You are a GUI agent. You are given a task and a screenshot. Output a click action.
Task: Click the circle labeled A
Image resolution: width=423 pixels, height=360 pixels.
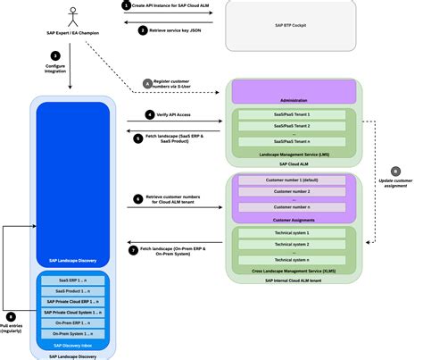[147, 84]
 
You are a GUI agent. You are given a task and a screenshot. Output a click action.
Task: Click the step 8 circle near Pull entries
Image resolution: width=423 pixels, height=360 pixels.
[10, 316]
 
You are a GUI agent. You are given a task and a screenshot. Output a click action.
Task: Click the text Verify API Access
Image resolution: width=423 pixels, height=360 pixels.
[175, 115]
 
